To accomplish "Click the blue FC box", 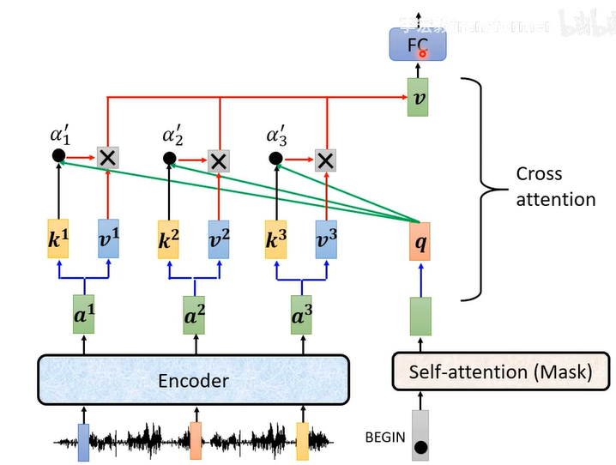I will point(414,44).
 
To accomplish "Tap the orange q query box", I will point(420,241).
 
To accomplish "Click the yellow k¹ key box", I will point(57,239).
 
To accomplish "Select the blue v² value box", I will point(220,239).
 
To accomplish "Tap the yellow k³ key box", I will point(275,239).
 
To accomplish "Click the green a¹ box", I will point(84,316).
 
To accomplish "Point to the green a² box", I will point(194,316).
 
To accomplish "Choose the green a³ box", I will point(300,316).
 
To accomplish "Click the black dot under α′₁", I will point(58,156).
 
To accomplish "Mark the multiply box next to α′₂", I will point(220,160).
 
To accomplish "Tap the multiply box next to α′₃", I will point(324,160).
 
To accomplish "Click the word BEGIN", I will point(385,437).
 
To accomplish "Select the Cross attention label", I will point(555,186).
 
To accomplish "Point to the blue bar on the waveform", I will point(83,440).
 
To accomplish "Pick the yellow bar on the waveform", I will point(302,440).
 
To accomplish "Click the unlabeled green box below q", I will point(420,315).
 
